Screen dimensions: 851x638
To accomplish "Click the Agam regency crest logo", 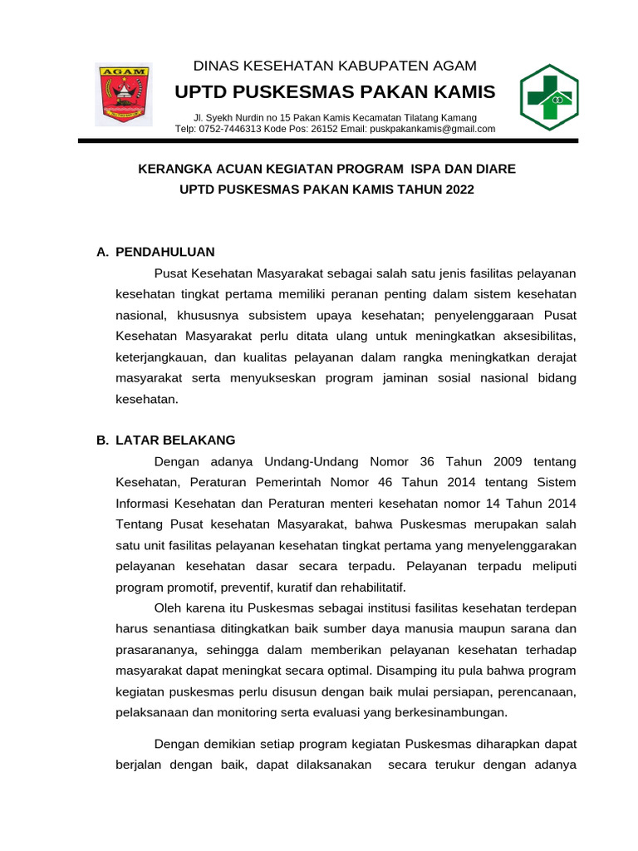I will (x=123, y=94).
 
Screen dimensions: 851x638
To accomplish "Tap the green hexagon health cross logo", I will (x=548, y=97).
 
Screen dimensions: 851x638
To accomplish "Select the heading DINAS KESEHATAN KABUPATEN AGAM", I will (x=335, y=66).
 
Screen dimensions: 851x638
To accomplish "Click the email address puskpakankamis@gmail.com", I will (x=433, y=129).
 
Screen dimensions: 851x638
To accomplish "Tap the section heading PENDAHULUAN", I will (x=165, y=252).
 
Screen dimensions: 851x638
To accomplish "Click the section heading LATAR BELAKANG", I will (x=175, y=440).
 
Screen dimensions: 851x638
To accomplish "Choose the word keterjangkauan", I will (x=162, y=357).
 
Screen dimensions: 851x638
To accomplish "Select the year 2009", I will (x=507, y=461).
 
